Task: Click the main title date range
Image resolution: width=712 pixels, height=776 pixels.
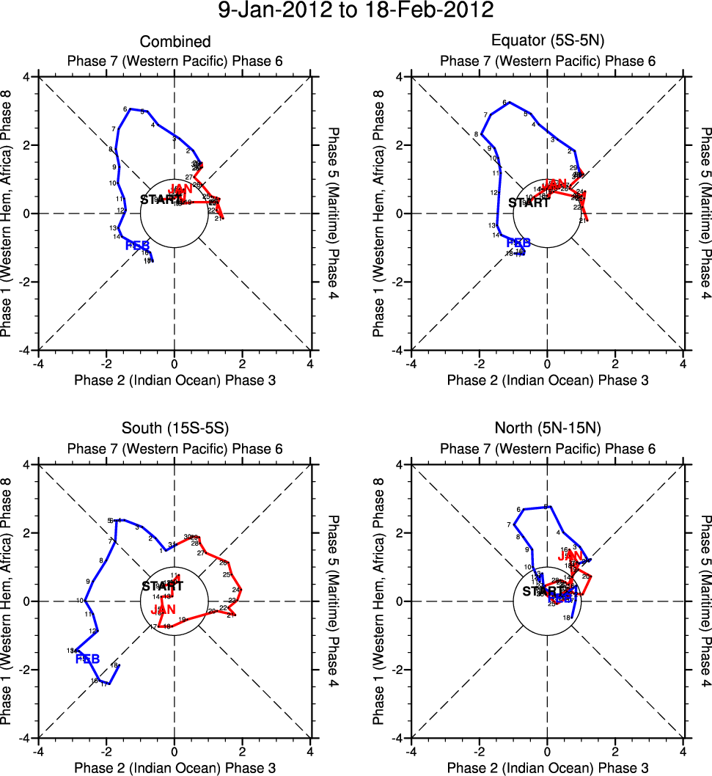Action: tap(356, 12)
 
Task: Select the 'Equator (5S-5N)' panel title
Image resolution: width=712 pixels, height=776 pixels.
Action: tap(547, 42)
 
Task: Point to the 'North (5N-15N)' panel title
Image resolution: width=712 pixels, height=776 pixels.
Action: tap(547, 430)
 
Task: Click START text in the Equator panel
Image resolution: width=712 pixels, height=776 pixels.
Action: tap(529, 203)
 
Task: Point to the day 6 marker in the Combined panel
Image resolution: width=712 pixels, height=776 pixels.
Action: tap(125, 109)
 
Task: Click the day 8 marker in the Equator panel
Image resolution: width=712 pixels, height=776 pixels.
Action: tap(476, 134)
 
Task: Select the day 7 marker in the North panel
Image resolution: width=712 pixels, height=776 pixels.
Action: tap(508, 525)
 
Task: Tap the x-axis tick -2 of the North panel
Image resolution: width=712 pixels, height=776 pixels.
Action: tap(479, 752)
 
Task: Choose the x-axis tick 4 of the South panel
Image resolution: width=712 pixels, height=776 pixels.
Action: tap(310, 752)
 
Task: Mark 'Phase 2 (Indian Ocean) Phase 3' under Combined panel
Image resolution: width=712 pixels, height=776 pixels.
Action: tap(175, 380)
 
